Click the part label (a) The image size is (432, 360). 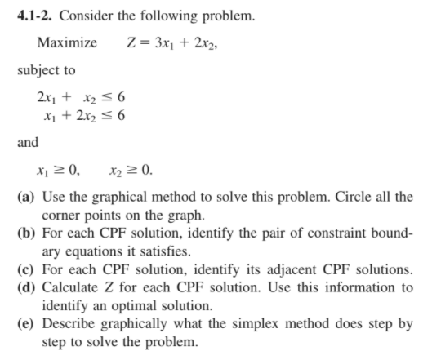24,198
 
